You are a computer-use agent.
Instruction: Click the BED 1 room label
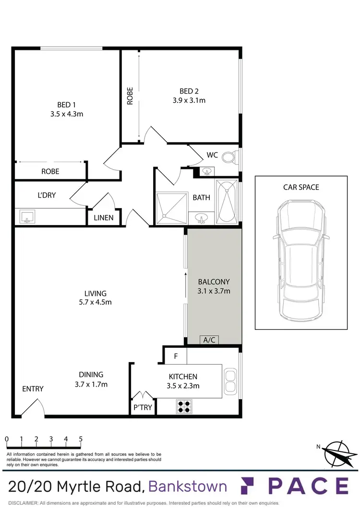click(67, 105)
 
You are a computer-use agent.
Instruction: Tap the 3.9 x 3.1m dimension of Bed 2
click(189, 100)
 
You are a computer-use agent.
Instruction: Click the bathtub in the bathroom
click(226, 201)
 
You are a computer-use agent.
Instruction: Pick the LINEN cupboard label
click(104, 218)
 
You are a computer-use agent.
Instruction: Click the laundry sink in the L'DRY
click(26, 217)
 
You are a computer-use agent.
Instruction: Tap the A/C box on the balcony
click(209, 340)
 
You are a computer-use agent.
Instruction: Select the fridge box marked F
click(175, 356)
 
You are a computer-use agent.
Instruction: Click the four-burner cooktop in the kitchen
click(183, 407)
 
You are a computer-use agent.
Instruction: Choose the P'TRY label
click(143, 407)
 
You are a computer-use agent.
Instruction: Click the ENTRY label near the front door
click(33, 389)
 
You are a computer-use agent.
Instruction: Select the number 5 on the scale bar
click(81, 439)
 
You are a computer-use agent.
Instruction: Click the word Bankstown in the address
click(188, 486)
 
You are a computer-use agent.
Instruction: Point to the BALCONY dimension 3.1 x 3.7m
click(214, 291)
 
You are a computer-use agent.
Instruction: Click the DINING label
click(91, 375)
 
